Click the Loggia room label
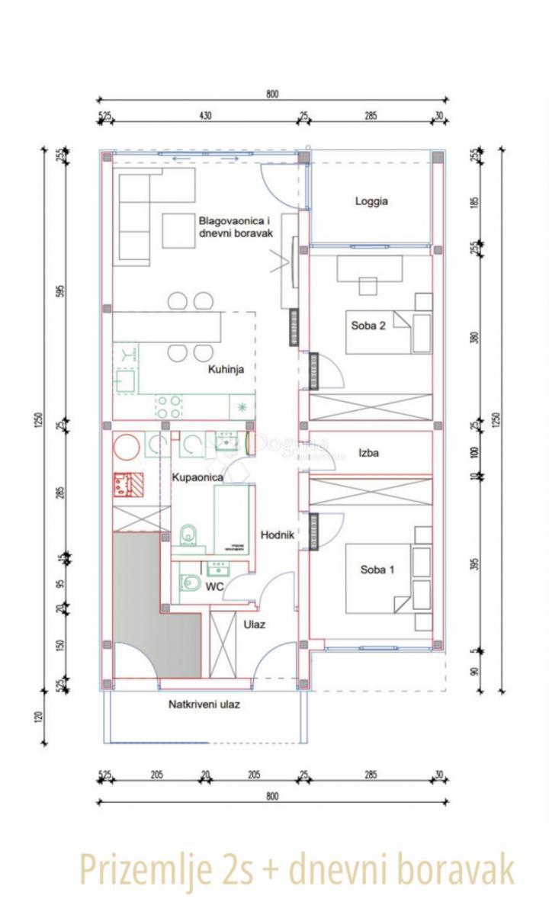coord(371,202)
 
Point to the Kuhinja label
coord(226,369)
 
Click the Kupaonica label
coord(197,477)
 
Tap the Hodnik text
coord(278,535)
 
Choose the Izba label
coord(370,452)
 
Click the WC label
coord(214,587)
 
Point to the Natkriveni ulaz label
coord(204,705)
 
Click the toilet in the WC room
coord(190,584)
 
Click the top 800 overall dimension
coord(273,95)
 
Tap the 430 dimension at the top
coord(205,116)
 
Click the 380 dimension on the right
coord(474,338)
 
